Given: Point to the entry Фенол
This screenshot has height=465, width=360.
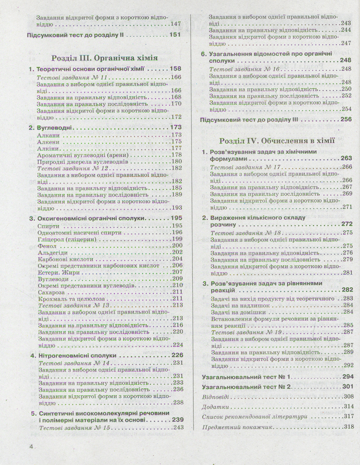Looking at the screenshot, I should point(46,246).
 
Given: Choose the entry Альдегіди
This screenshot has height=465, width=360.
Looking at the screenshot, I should point(52,252).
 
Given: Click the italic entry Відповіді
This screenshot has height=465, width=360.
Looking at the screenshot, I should point(216,397).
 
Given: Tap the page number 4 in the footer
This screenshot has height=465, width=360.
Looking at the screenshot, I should point(31,447).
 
